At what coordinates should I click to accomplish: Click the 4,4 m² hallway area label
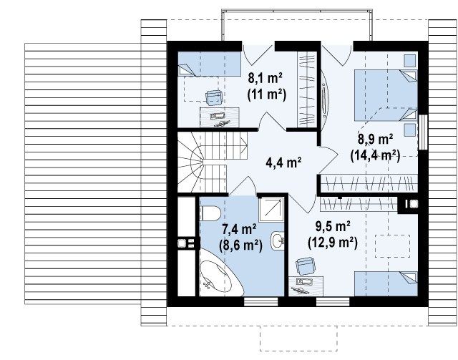pyautogui.click(x=283, y=162)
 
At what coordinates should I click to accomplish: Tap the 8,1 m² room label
pyautogui.click(x=265, y=78)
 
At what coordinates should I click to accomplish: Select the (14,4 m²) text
pyautogui.click(x=375, y=155)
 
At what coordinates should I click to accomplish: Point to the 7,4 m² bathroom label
pyautogui.click(x=240, y=229)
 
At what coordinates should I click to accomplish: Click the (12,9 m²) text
pyautogui.click(x=333, y=243)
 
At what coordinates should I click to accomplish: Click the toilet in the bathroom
pyautogui.click(x=210, y=213)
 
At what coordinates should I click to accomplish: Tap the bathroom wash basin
pyautogui.click(x=277, y=240)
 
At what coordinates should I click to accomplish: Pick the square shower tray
pyautogui.click(x=271, y=209)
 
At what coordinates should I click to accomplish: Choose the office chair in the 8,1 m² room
pyautogui.click(x=215, y=97)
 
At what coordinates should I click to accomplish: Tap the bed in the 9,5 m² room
pyautogui.click(x=386, y=283)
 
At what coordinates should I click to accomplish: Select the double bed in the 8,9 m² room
pyautogui.click(x=386, y=95)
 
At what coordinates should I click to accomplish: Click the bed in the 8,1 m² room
pyautogui.click(x=210, y=64)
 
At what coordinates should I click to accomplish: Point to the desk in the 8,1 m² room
pyautogui.click(x=220, y=117)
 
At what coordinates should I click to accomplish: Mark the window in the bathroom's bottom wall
pyautogui.click(x=260, y=302)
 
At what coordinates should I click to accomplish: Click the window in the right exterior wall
pyautogui.click(x=423, y=132)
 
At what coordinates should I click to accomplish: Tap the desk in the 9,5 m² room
pyautogui.click(x=306, y=286)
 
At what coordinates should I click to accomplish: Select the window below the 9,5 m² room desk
pyautogui.click(x=333, y=302)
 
